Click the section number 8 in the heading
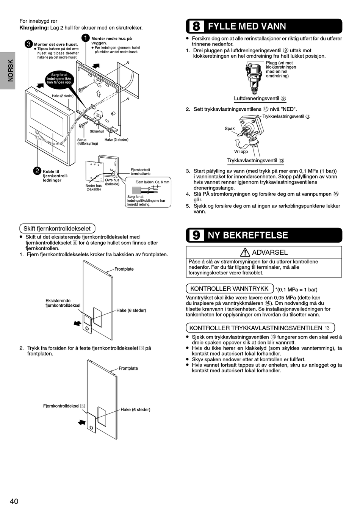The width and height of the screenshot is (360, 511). pyautogui.click(x=196, y=26)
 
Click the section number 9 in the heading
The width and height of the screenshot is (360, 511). pyautogui.click(x=196, y=235)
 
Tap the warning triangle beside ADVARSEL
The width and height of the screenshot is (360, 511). pyautogui.click(x=245, y=252)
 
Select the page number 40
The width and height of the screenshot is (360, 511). pyautogui.click(x=14, y=501)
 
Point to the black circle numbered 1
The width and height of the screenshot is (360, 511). pyautogui.click(x=86, y=38)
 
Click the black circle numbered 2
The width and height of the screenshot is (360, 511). pyautogui.click(x=37, y=171)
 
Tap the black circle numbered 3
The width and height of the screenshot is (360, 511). pyautogui.click(x=28, y=44)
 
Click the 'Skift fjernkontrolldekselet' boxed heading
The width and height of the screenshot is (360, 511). pyautogui.click(x=57, y=229)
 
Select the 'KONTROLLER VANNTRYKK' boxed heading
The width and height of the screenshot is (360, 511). pyautogui.click(x=229, y=288)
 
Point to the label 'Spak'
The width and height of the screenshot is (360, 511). pyautogui.click(x=230, y=129)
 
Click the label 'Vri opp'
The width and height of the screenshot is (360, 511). pyautogui.click(x=241, y=151)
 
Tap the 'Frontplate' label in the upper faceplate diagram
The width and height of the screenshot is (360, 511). pyautogui.click(x=124, y=269)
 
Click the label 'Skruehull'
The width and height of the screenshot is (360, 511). pyautogui.click(x=97, y=132)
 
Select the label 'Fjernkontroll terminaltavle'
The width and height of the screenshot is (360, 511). pyautogui.click(x=141, y=172)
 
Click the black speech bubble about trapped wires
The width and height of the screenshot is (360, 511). pyautogui.click(x=59, y=78)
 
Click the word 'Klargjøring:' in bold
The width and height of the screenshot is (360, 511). pyautogui.click(x=34, y=28)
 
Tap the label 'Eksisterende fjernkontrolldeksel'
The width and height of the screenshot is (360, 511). pyautogui.click(x=63, y=303)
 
